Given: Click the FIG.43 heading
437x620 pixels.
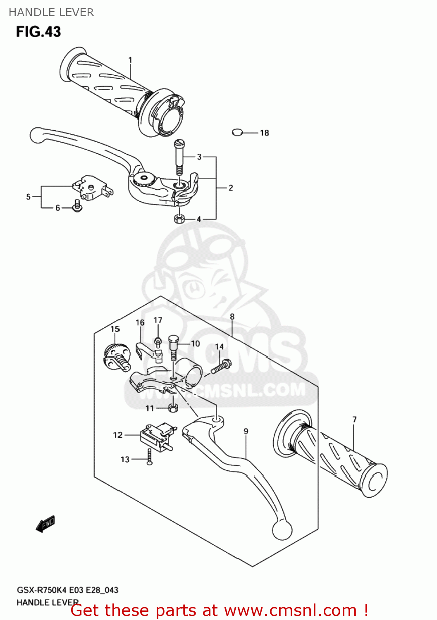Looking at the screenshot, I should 38,32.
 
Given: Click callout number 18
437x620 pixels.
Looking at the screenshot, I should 264,133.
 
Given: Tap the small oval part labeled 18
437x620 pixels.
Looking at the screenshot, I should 237,132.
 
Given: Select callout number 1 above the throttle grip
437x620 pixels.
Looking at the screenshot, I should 130,60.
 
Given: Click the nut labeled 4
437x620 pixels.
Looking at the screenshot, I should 179,219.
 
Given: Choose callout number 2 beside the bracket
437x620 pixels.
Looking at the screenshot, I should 231,188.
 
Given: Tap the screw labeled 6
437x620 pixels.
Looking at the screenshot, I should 77,205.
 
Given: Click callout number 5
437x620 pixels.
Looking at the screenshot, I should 28,197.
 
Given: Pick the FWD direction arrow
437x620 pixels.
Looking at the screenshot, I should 45,524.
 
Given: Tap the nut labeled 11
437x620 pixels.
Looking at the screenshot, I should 174,408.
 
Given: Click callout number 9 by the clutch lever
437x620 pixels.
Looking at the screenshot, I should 246,432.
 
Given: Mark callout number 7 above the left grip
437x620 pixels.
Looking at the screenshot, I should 354,420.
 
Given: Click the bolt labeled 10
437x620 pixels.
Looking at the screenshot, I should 174,347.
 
